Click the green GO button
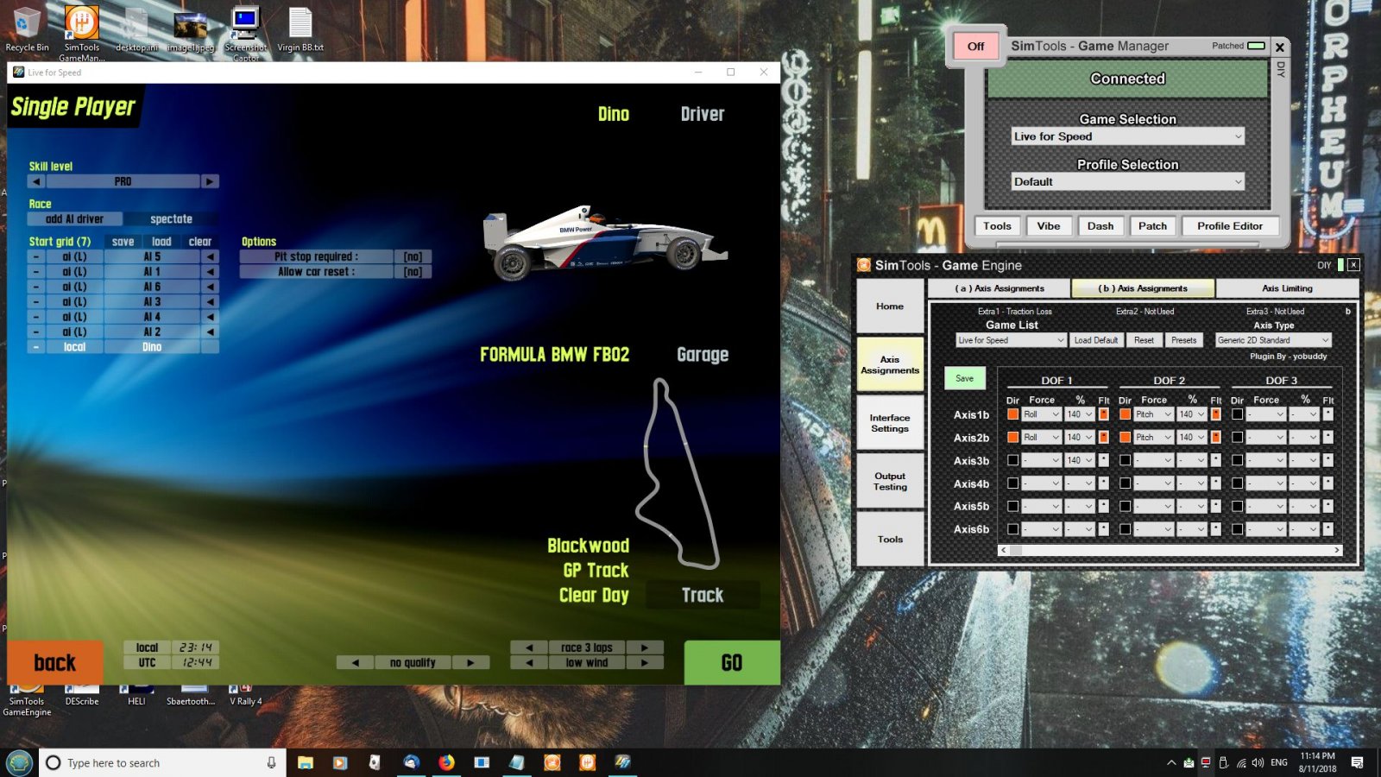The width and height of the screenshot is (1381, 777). coord(732,662)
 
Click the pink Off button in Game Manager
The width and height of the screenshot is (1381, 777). coord(975,47)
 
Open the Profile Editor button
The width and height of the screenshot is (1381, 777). coord(1229,226)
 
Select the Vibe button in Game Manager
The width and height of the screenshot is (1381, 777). coord(1049,226)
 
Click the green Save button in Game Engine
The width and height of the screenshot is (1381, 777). coord(964,378)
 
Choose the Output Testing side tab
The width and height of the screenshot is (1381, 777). coord(890,482)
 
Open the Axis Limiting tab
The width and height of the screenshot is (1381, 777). coord(1286,288)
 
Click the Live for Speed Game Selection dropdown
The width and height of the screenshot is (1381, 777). coord(1127,136)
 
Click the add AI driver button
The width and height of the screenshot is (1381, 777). coord(75,219)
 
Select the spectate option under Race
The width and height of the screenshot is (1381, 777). coord(171,219)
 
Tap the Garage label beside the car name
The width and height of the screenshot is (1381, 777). coord(703,355)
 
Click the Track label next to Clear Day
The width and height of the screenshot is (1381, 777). coord(703,595)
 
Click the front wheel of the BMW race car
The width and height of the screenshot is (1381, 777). coord(683,254)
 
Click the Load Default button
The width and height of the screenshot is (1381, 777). coord(1095,340)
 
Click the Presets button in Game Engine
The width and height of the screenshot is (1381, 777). coord(1183,340)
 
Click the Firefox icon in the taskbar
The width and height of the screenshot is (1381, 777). coord(446,762)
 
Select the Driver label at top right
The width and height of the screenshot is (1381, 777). coord(703,114)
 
